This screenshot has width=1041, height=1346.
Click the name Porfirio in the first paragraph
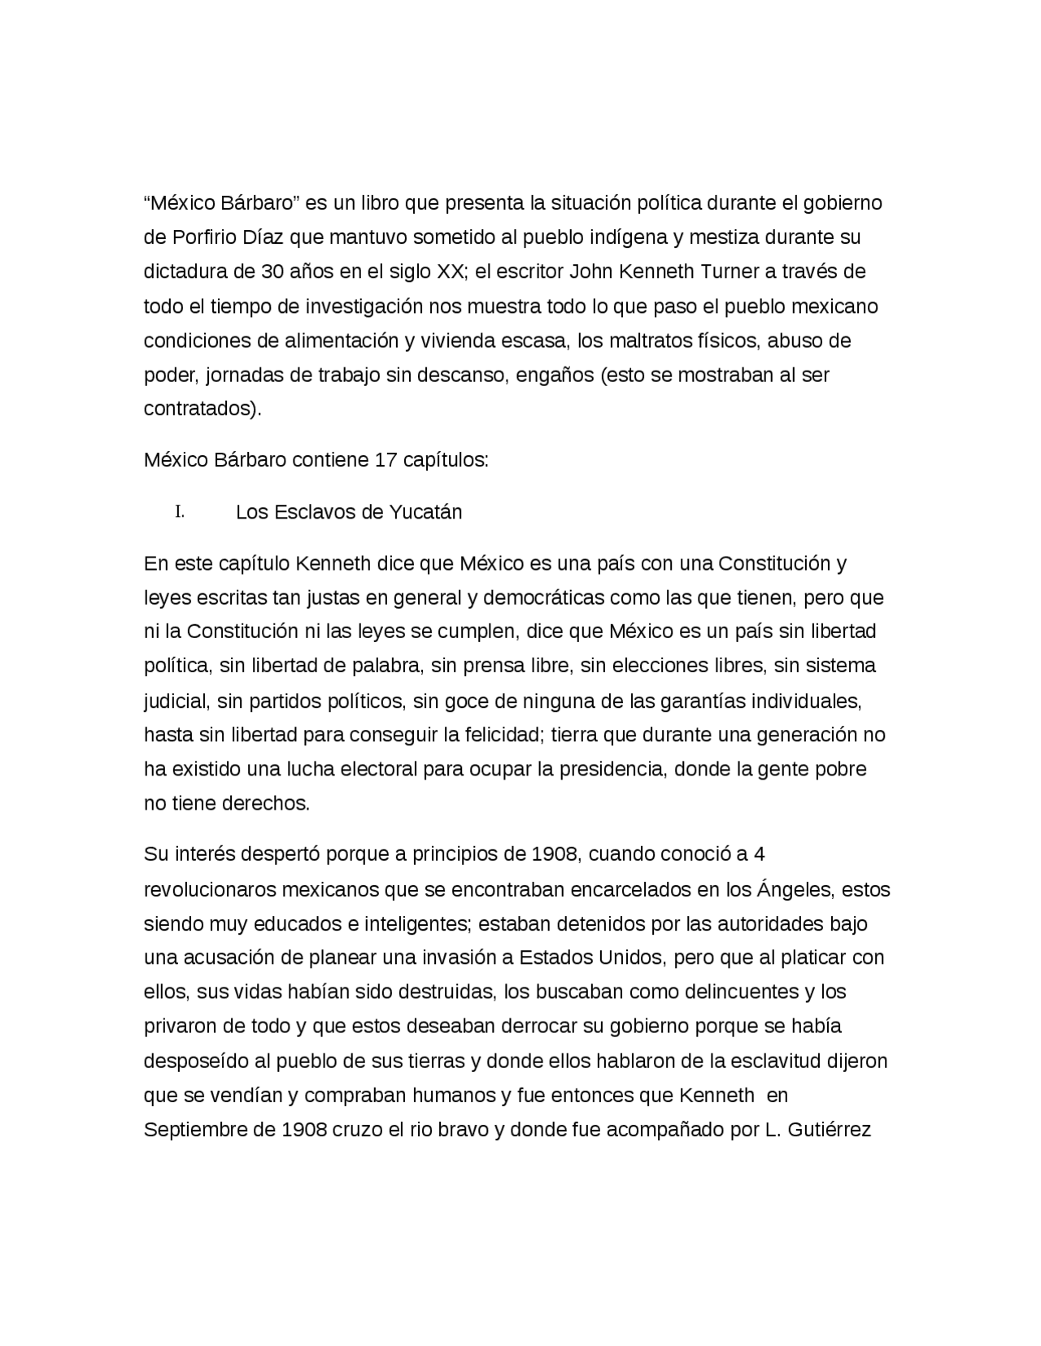point(205,237)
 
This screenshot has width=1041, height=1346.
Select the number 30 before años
point(272,271)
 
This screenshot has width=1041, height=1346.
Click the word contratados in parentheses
point(199,408)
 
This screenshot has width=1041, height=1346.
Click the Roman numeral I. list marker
point(180,512)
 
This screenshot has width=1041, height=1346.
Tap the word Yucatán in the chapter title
point(425,512)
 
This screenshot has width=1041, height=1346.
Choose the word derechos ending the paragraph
point(270,804)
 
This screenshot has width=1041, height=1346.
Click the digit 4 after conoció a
point(760,855)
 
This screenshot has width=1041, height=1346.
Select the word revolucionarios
point(210,889)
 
